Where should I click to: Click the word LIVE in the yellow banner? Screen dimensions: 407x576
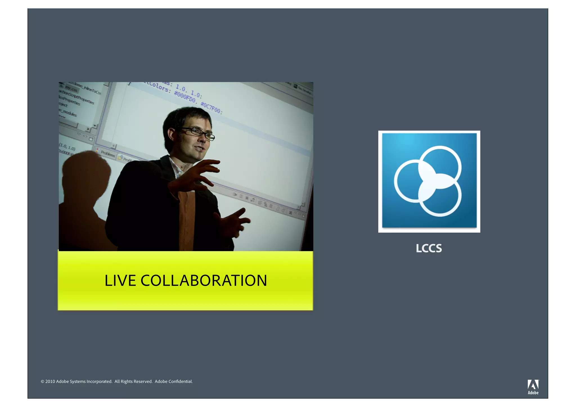(120, 281)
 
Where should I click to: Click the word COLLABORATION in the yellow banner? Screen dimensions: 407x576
(204, 281)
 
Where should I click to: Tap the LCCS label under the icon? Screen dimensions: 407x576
(429, 248)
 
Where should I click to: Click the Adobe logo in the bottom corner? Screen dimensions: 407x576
(533, 387)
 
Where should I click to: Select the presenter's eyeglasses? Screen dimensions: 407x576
(199, 133)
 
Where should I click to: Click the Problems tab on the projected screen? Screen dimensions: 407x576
(108, 154)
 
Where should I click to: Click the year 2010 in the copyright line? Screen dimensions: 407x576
(50, 381)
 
